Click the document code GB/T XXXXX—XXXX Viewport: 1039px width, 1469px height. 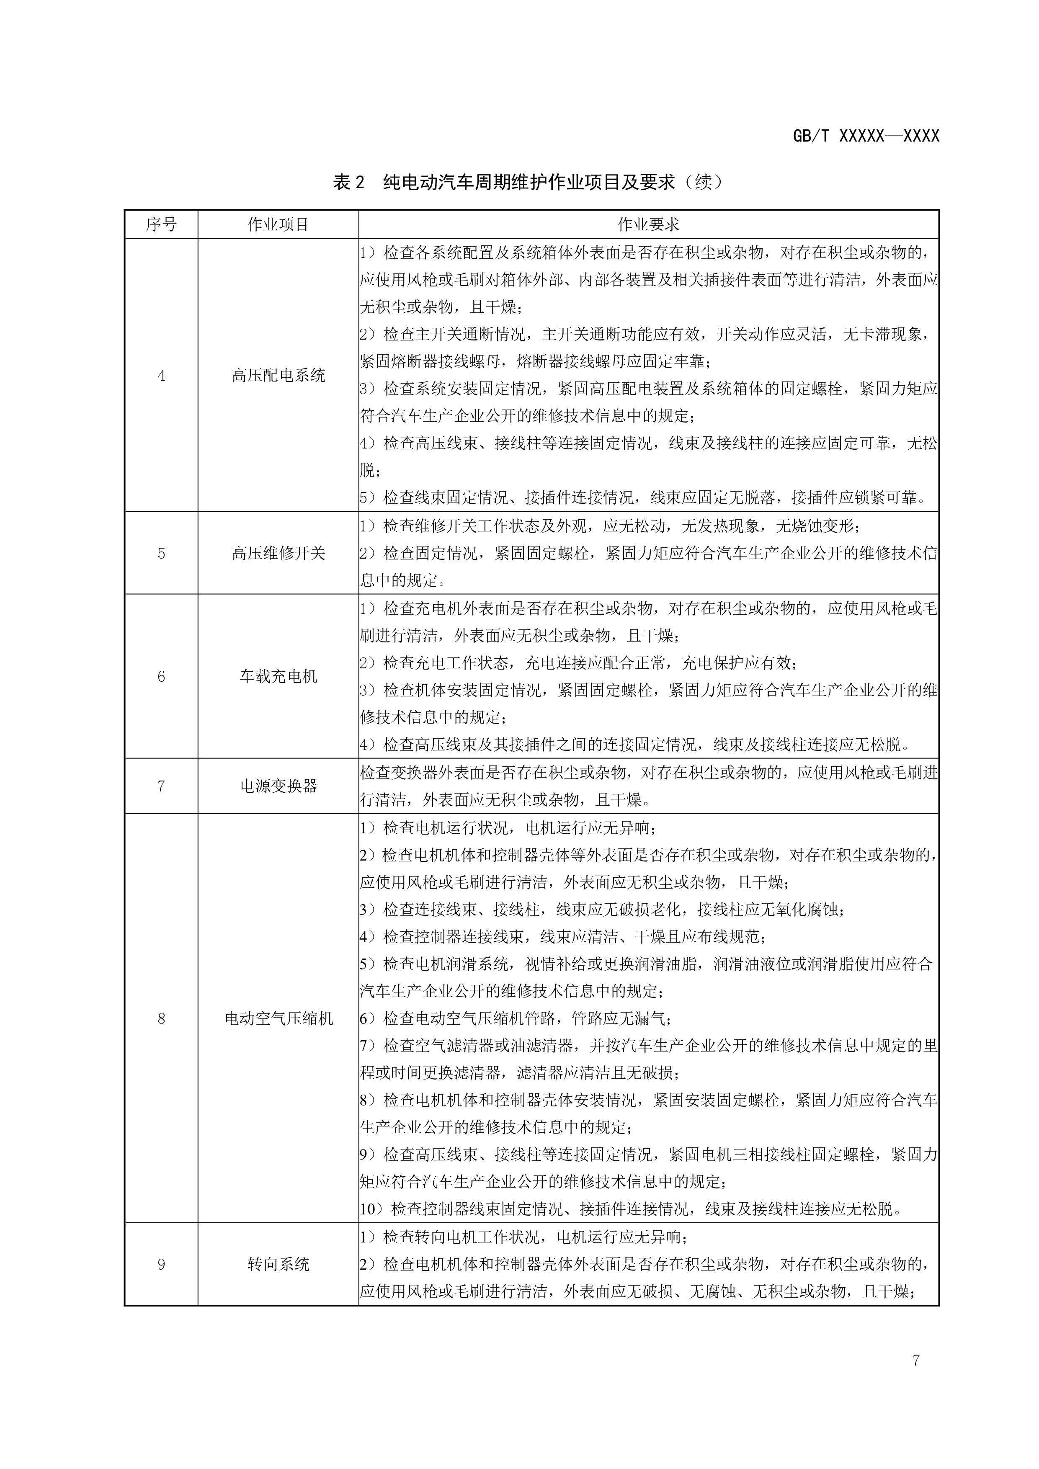pyautogui.click(x=866, y=136)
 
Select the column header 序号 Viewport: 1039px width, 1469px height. pyautogui.click(x=161, y=224)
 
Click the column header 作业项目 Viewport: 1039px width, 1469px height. pyautogui.click(x=278, y=224)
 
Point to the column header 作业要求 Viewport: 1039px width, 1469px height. pyautogui.click(x=648, y=224)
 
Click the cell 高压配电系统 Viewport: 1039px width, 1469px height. pyautogui.click(x=278, y=376)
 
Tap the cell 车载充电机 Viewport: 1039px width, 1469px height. pyautogui.click(x=278, y=676)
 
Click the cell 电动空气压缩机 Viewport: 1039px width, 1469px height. pyautogui.click(x=278, y=1018)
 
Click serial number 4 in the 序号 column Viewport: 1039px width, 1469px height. pyautogui.click(x=161, y=376)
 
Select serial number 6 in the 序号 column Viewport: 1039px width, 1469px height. pyautogui.click(x=161, y=676)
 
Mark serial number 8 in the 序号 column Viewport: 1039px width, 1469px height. pyautogui.click(x=161, y=1018)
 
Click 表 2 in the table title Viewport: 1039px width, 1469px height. pyautogui.click(x=349, y=182)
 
